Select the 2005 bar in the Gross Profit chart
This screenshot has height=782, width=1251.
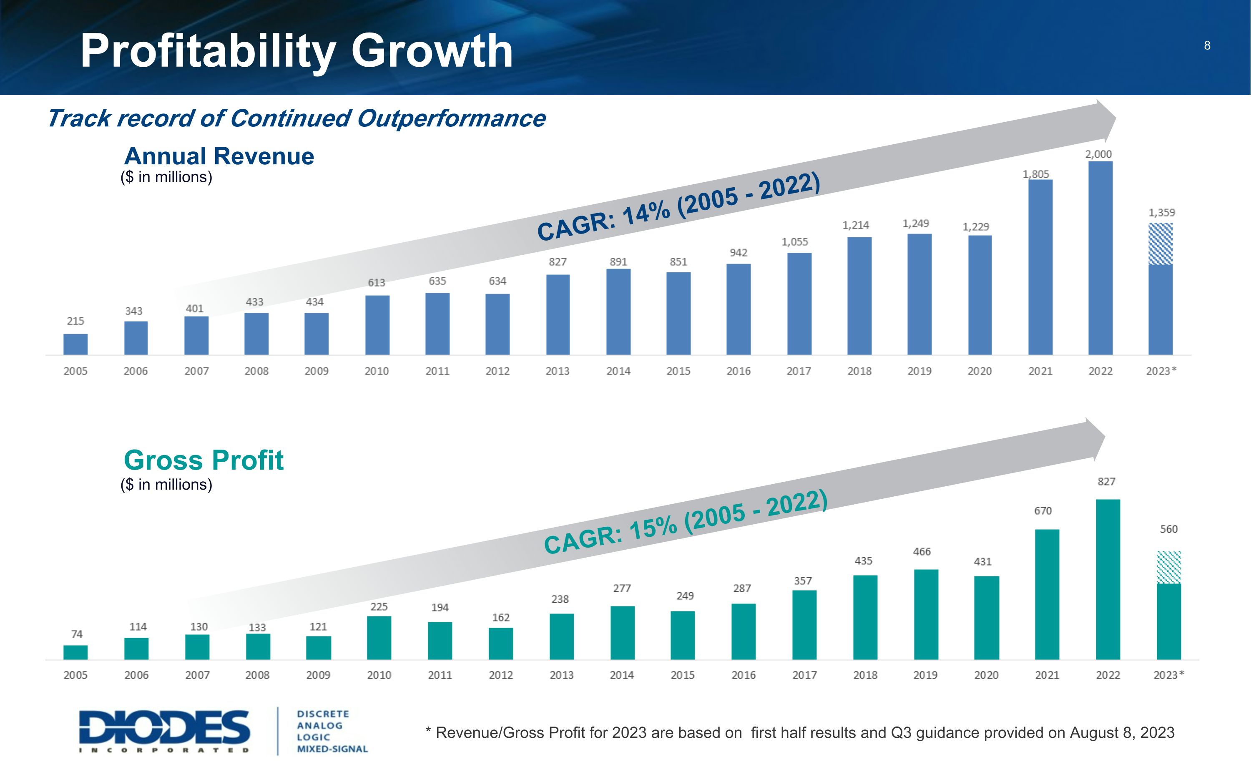(75, 652)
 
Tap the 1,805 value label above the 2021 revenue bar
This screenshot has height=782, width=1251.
(1035, 174)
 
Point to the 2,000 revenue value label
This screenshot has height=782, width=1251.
(1098, 154)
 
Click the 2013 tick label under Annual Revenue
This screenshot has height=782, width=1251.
(557, 371)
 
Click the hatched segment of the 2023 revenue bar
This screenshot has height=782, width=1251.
(1160, 244)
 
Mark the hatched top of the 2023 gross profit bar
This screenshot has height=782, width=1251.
(1168, 567)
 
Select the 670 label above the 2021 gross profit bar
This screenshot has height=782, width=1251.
(1042, 511)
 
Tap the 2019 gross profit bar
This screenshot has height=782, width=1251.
(926, 614)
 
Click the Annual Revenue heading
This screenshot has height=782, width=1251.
(219, 156)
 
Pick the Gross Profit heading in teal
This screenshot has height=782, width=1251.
(203, 460)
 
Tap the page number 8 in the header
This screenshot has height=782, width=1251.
(1207, 45)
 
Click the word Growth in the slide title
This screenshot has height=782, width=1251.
(432, 51)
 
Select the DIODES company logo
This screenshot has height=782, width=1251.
(164, 731)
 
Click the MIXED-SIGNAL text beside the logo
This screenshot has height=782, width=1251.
(332, 749)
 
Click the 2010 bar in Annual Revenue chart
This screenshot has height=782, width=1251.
(377, 325)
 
